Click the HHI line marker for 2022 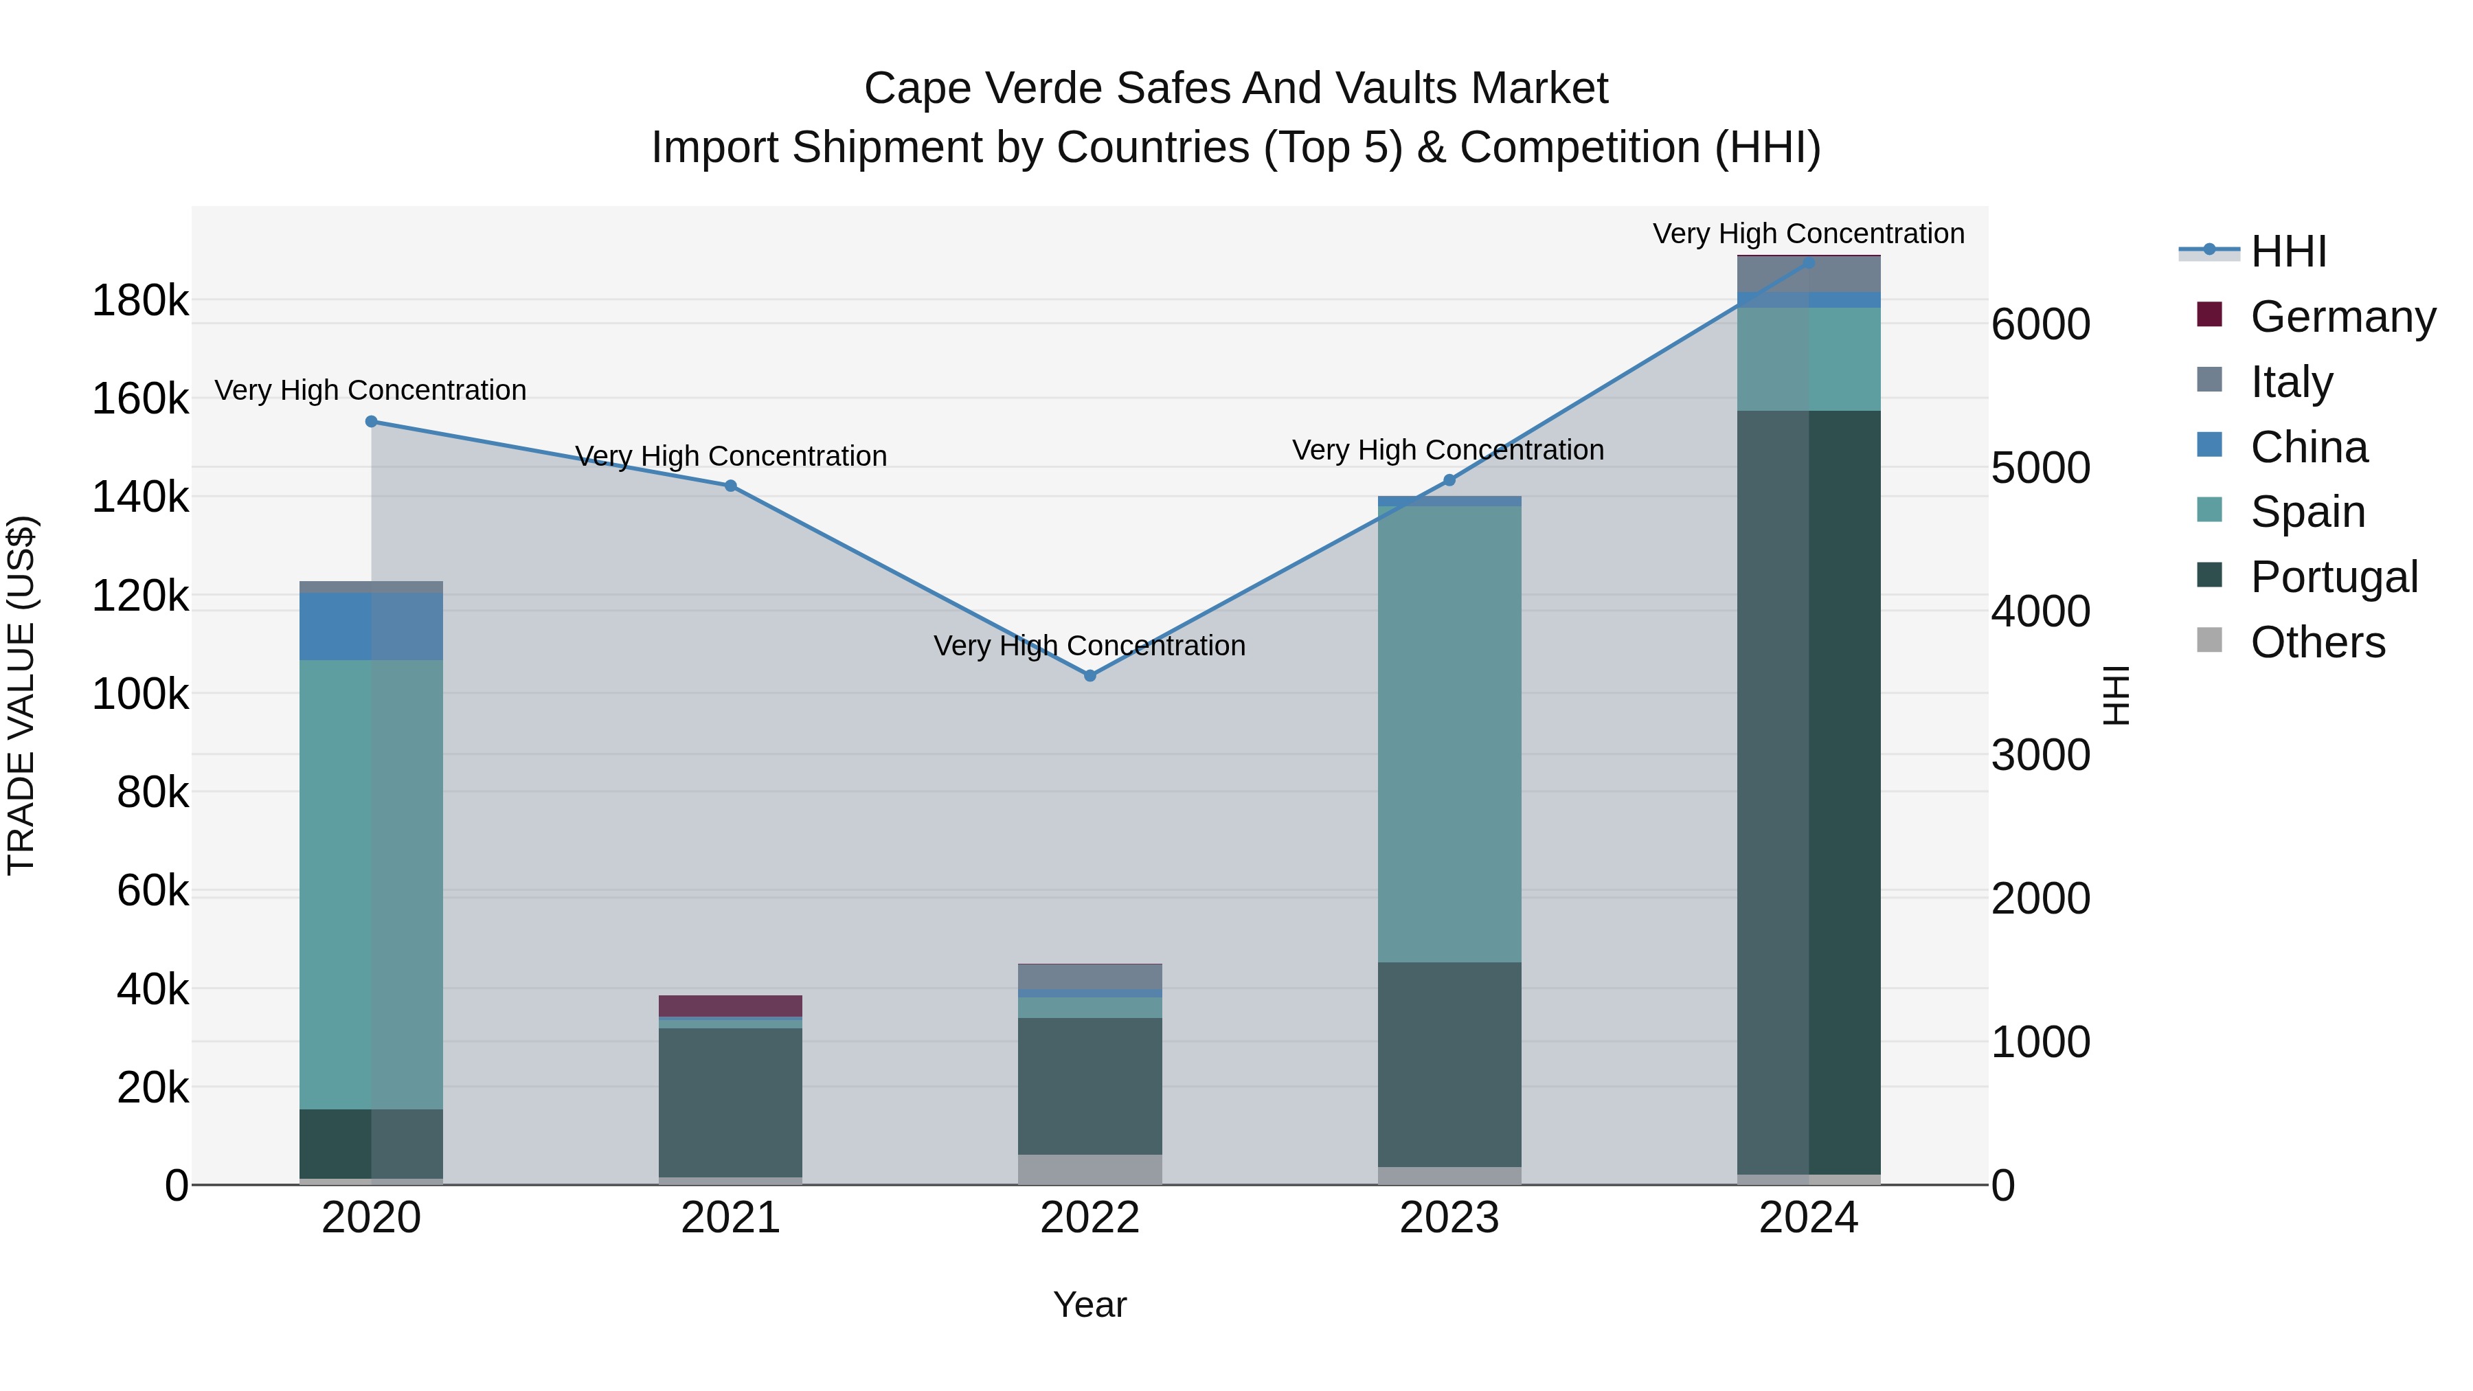[x=1089, y=676]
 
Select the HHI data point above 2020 [x=372, y=422]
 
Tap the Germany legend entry [x=2342, y=317]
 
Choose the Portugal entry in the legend [x=2333, y=577]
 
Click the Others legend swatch [x=2209, y=640]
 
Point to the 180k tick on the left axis [x=140, y=302]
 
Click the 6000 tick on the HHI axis [x=2040, y=324]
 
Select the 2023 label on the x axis [x=1449, y=1218]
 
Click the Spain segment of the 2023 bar [x=1449, y=734]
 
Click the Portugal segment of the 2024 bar [x=1808, y=792]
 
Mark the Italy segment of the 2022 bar [x=1089, y=976]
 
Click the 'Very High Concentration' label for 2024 [x=1808, y=234]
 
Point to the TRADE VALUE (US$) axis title [x=21, y=695]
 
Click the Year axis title [x=1089, y=1304]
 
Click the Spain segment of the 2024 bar [x=1808, y=359]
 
